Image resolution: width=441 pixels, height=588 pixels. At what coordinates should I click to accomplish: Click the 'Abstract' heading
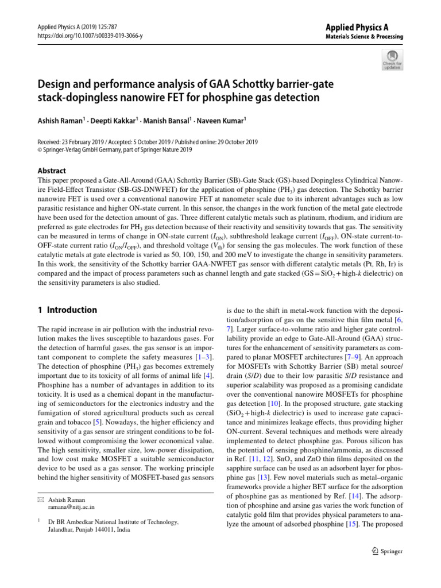pyautogui.click(x=51, y=171)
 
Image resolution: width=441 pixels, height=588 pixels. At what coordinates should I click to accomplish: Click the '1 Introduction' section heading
pyautogui.click(x=67, y=310)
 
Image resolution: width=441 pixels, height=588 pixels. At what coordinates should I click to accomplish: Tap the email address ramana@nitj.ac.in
pyautogui.click(x=72, y=507)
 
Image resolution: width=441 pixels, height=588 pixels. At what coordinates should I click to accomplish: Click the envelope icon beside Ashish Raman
pyautogui.click(x=41, y=500)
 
